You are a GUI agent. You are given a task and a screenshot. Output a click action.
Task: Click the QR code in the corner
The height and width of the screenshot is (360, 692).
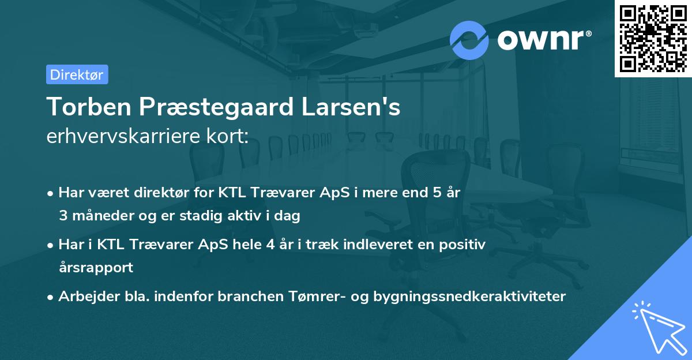click(653, 39)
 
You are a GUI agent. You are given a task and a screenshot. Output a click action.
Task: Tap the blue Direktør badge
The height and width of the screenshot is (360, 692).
click(77, 74)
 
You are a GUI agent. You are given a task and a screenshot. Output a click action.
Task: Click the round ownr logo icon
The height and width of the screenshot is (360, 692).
click(469, 40)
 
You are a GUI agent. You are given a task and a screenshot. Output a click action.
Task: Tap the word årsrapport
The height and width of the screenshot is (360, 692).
click(96, 267)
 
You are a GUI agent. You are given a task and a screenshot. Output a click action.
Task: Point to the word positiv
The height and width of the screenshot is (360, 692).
click(465, 245)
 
